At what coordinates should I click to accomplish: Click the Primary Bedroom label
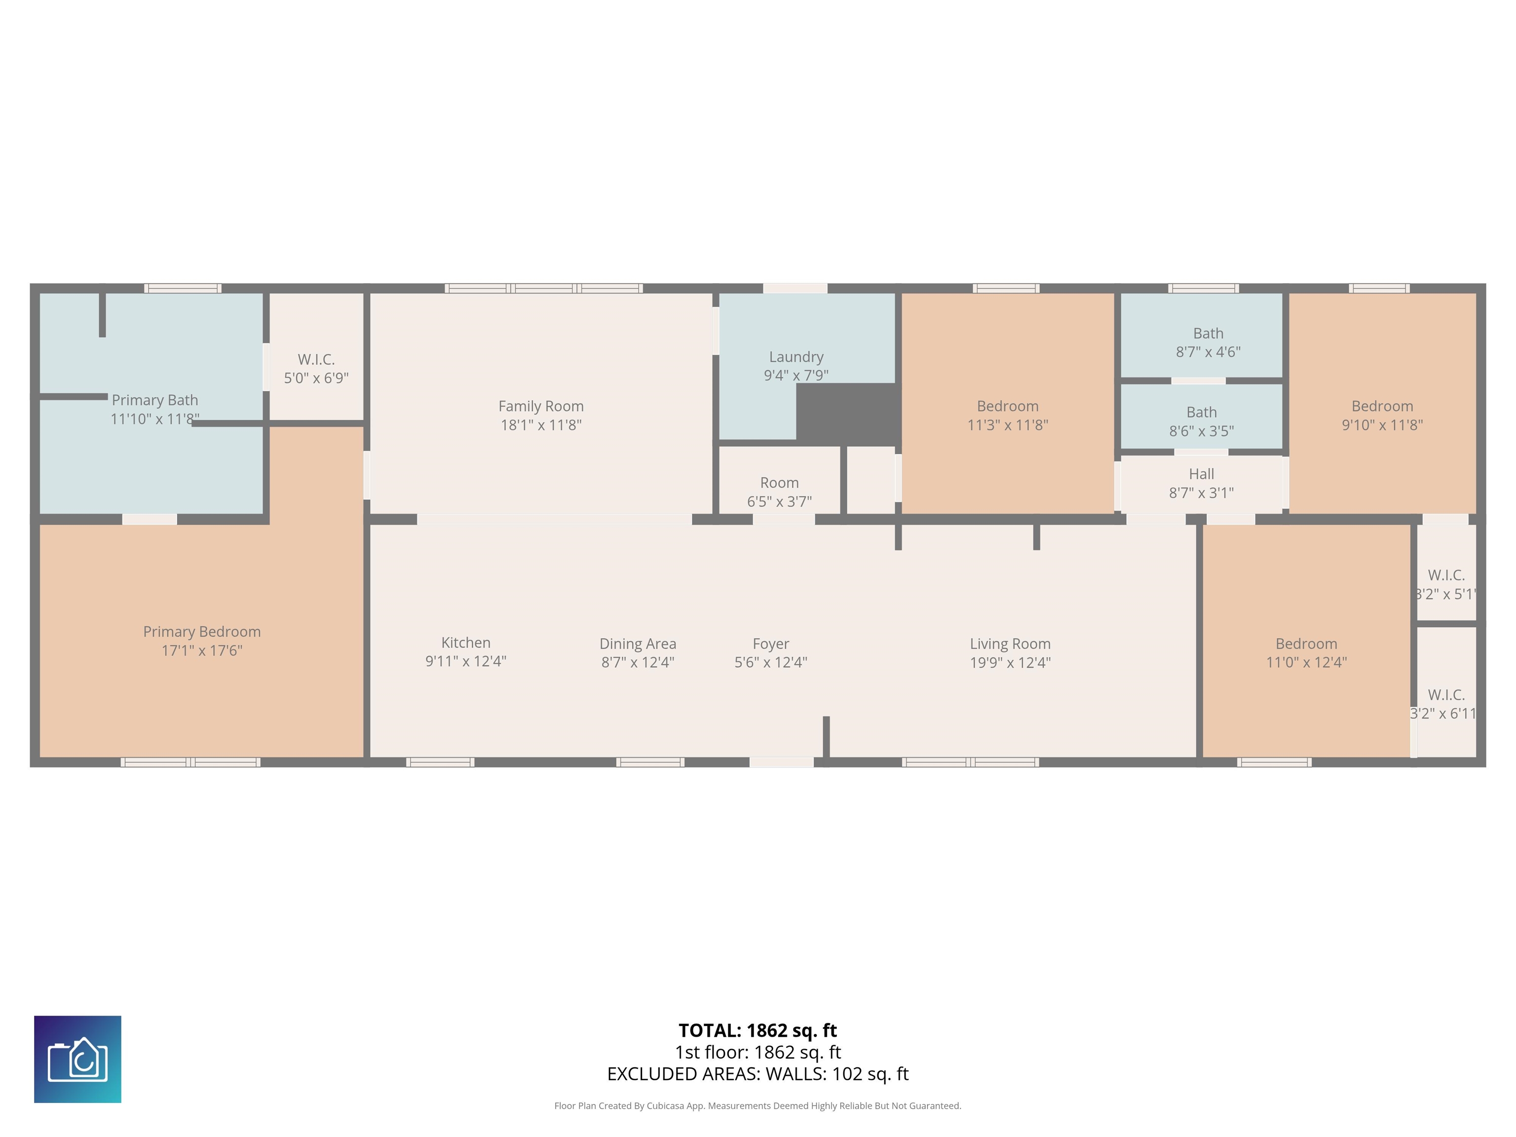[x=201, y=631]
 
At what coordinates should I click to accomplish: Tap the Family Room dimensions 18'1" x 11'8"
[x=541, y=425]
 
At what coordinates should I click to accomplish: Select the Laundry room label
[x=796, y=356]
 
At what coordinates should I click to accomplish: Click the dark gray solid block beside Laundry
[x=848, y=413]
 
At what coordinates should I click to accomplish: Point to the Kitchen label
[x=465, y=642]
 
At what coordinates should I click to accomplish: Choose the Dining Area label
[x=638, y=644]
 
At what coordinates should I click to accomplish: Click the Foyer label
[x=770, y=644]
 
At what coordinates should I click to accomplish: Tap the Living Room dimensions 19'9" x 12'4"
[x=1010, y=662]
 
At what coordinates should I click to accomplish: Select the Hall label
[x=1201, y=474]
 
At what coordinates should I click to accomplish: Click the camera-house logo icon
[x=77, y=1059]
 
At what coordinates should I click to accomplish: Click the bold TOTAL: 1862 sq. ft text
[x=758, y=1030]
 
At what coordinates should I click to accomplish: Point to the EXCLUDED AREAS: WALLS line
[x=758, y=1073]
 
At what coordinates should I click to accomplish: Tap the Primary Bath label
[x=155, y=400]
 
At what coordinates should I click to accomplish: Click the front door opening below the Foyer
[x=781, y=762]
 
